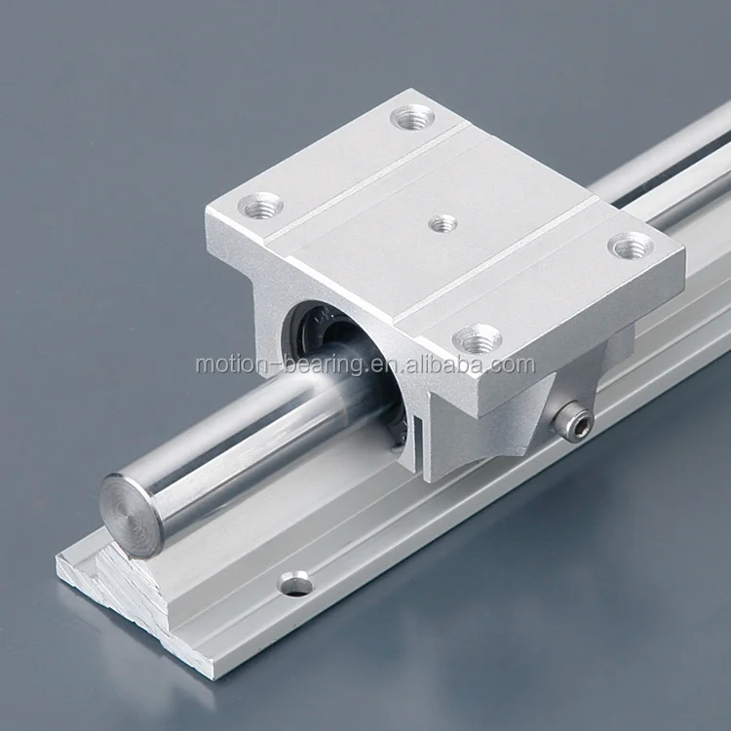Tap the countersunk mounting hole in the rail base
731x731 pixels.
(295, 582)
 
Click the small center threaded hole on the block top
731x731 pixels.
(442, 224)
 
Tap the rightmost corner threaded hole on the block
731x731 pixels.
(632, 246)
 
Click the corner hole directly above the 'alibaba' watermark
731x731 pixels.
(478, 339)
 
